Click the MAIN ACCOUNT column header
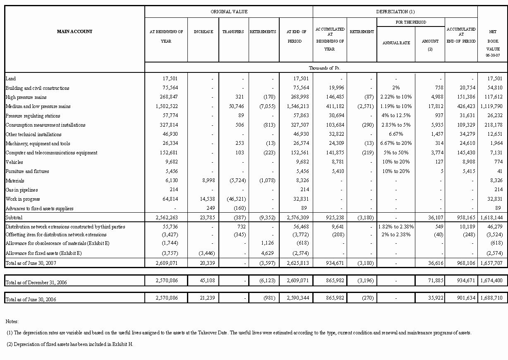tap(74, 31)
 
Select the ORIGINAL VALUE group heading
tap(229, 12)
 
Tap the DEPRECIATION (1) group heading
tap(395, 12)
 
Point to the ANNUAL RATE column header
tap(396, 43)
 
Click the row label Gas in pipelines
tap(22, 190)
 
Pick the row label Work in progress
tap(22, 199)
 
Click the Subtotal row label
tap(14, 217)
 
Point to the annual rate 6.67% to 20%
tap(396, 144)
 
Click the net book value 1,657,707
tap(491, 263)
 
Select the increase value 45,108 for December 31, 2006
tap(204, 281)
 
